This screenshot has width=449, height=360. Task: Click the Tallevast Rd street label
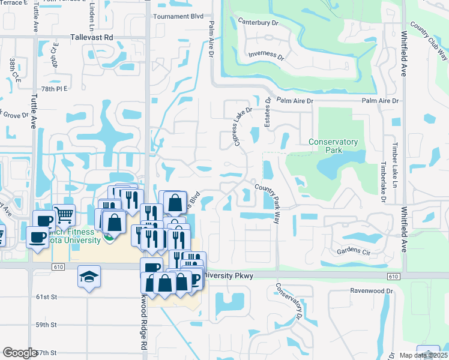(x=91, y=37)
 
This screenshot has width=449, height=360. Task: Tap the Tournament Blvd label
(x=178, y=16)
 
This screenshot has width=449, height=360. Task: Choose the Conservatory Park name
(x=333, y=146)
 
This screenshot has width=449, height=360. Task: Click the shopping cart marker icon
(x=64, y=214)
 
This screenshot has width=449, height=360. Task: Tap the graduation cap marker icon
(x=89, y=277)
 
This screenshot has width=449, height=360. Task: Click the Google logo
(x=20, y=352)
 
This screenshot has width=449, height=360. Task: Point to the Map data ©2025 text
(x=424, y=355)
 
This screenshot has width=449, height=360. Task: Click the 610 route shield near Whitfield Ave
(x=393, y=276)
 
